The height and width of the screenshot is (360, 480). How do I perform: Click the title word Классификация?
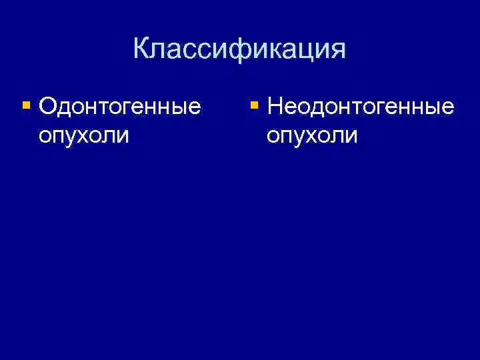tap(239, 49)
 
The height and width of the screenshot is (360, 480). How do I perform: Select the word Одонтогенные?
tap(120, 105)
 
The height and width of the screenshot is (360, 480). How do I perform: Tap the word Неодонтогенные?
tap(359, 105)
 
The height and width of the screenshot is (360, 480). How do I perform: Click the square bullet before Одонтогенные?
tap(26, 105)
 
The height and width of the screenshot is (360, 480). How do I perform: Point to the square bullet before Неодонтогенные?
tap(254, 105)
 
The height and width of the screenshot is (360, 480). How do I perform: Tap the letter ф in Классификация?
tap(232, 50)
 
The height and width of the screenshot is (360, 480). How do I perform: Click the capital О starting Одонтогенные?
tap(49, 105)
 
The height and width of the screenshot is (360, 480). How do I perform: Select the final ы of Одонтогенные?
tap(178, 108)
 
